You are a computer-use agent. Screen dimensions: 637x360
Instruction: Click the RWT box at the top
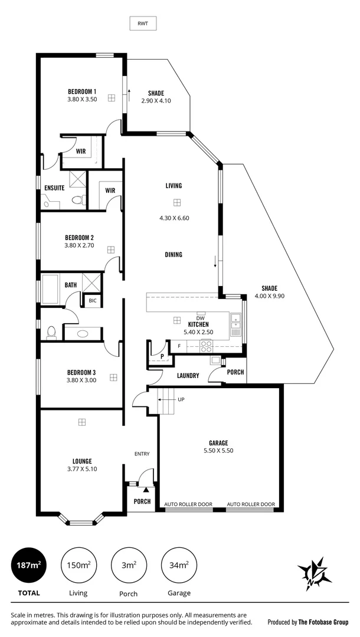pyautogui.click(x=143, y=24)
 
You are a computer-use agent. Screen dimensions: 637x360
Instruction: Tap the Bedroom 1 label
pyautogui.click(x=82, y=91)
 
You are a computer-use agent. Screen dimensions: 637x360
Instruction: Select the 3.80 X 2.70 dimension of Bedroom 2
pyautogui.click(x=80, y=245)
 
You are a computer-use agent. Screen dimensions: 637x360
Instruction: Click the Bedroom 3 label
pyautogui.click(x=81, y=373)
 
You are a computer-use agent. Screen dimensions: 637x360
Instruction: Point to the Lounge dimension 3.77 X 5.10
pyautogui.click(x=82, y=469)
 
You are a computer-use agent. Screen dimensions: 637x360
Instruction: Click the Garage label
pyautogui.click(x=218, y=442)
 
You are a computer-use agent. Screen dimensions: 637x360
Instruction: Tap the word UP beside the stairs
pyautogui.click(x=181, y=399)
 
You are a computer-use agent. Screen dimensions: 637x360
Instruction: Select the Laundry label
pyautogui.click(x=188, y=376)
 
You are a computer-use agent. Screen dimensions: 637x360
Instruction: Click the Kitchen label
pyautogui.click(x=198, y=324)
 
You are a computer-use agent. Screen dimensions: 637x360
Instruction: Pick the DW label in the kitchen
pyautogui.click(x=200, y=318)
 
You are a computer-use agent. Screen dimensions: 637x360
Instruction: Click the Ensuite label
pyautogui.click(x=54, y=188)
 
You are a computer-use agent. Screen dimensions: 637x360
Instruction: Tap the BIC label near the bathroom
pyautogui.click(x=92, y=301)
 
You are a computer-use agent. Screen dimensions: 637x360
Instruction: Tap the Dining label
pyautogui.click(x=174, y=255)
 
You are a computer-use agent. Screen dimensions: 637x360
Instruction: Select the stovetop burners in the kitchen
pyautogui.click(x=207, y=346)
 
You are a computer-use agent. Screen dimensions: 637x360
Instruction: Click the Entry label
pyautogui.click(x=142, y=454)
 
